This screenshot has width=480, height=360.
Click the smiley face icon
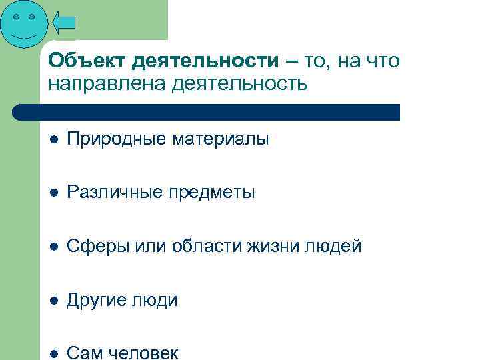tap(24, 24)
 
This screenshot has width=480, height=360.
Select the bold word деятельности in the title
tap(205, 61)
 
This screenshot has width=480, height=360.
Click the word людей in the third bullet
tap(337, 247)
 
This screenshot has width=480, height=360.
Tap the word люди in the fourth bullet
tap(157, 301)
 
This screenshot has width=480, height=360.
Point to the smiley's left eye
tap(15, 16)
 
